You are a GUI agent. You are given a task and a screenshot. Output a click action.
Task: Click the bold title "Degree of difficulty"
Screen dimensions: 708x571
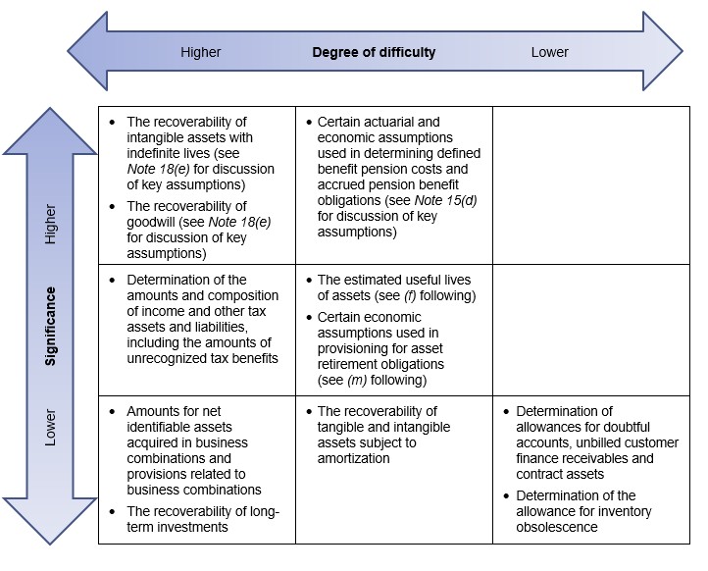(374, 52)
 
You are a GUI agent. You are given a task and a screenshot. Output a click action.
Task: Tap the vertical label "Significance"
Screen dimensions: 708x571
(51, 326)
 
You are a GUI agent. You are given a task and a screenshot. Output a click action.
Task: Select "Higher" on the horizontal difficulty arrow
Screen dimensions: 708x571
(200, 52)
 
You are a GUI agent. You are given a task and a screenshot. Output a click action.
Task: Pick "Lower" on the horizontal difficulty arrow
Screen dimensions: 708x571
(549, 52)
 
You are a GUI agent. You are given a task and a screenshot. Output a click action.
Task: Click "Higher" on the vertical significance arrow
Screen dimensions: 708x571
(51, 225)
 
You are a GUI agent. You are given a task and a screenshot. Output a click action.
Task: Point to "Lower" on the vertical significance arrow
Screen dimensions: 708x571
(51, 428)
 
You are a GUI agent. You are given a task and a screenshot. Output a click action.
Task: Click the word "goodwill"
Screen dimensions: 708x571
(151, 223)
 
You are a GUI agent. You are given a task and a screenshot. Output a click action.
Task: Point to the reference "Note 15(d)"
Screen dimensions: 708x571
(445, 200)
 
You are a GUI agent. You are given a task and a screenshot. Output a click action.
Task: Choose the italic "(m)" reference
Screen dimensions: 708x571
(357, 380)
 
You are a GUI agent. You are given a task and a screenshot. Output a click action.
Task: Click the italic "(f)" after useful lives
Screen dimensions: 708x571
(410, 295)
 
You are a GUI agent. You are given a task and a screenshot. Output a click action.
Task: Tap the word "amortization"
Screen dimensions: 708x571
(354, 458)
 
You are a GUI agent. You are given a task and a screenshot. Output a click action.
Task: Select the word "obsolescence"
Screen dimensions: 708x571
(557, 527)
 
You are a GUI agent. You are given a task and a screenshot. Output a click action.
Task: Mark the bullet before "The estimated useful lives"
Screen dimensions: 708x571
(309, 281)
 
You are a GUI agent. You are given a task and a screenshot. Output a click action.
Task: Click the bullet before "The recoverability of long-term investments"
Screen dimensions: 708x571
(113, 512)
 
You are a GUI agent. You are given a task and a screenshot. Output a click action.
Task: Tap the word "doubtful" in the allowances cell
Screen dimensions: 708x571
(626, 428)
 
